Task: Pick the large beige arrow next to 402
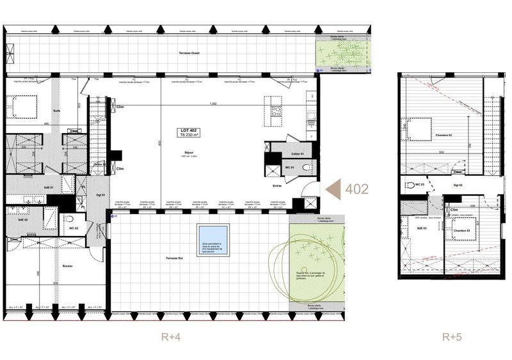pos(333,189)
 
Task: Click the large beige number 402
pos(356,190)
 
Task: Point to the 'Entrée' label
pos(276,186)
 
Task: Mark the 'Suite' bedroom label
pos(57,111)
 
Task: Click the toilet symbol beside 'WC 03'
pos(410,185)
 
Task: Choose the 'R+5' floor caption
pos(452,337)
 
